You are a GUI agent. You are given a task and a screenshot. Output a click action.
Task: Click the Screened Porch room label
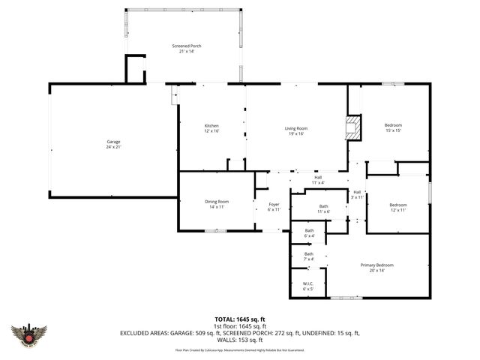(186, 49)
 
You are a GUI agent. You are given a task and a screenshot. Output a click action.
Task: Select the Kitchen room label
(212, 128)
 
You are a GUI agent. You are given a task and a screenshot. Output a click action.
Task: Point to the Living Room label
(296, 131)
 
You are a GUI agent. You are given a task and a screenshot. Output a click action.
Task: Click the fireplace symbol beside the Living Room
(352, 127)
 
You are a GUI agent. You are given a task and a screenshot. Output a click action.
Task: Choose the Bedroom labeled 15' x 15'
(394, 128)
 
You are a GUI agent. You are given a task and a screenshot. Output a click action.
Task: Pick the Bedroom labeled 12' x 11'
(397, 208)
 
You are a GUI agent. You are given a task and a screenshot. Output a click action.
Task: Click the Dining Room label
(217, 204)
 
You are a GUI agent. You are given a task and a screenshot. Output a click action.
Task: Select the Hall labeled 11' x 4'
(318, 180)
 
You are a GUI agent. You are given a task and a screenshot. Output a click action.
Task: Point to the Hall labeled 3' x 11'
(358, 194)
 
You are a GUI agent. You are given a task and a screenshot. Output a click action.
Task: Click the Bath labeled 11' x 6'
(323, 209)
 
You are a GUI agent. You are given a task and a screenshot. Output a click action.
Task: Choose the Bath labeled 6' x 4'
(309, 233)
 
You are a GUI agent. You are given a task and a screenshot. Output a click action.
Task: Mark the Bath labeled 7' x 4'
(309, 257)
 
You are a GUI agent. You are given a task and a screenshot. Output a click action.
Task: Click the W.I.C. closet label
(308, 286)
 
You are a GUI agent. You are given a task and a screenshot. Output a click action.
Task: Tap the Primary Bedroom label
(376, 268)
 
